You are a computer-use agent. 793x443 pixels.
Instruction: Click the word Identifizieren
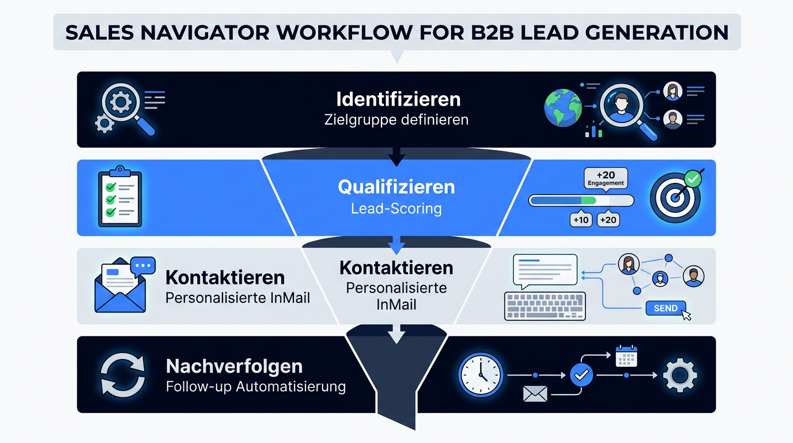click(x=398, y=99)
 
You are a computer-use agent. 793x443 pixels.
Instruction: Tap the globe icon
click(x=562, y=108)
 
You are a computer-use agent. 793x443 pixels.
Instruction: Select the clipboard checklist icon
click(x=120, y=196)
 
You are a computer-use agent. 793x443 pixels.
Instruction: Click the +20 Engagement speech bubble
click(x=606, y=179)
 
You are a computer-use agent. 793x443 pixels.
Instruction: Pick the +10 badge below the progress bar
click(x=581, y=220)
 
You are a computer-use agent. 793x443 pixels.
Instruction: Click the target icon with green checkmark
click(x=677, y=196)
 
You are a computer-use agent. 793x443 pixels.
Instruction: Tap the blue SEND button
click(x=666, y=308)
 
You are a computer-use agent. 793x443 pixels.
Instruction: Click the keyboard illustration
click(x=545, y=306)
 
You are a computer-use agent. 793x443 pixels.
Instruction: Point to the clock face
click(x=481, y=374)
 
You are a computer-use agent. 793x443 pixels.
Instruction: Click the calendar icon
click(x=626, y=356)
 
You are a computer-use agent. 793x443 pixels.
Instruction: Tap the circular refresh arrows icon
click(x=123, y=374)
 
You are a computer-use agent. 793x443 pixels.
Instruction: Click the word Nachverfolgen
click(x=234, y=366)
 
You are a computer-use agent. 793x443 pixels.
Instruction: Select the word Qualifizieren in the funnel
click(x=396, y=187)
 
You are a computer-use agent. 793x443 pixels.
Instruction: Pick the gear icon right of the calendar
click(x=679, y=375)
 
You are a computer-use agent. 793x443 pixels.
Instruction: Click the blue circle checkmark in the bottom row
click(x=581, y=374)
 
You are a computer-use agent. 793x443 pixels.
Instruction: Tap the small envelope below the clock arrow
click(x=535, y=394)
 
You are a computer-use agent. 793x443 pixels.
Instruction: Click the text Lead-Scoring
click(x=396, y=208)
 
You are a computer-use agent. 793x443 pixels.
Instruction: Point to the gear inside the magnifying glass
click(x=120, y=102)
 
